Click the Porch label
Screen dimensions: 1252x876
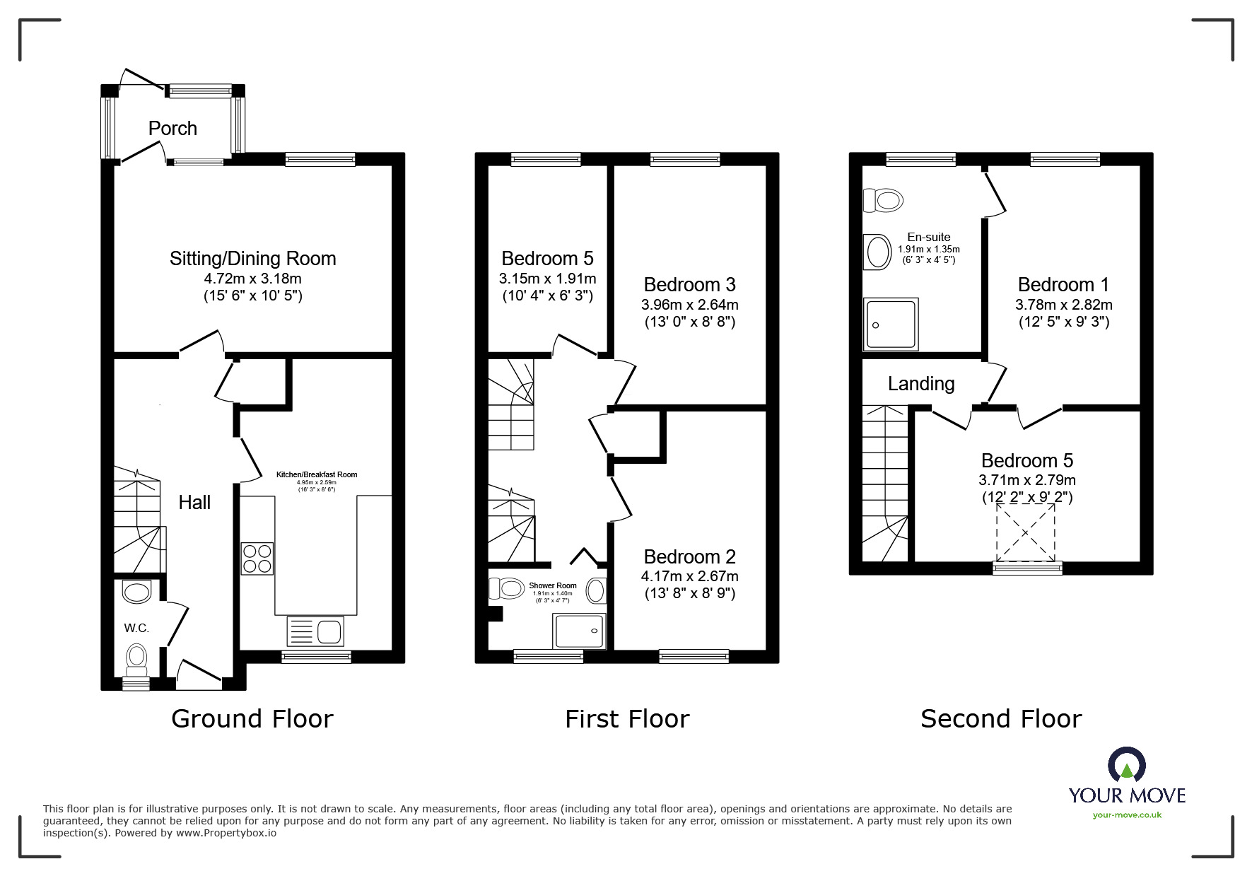click(x=172, y=129)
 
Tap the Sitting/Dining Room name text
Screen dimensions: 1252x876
click(x=252, y=259)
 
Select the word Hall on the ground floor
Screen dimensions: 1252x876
click(x=194, y=502)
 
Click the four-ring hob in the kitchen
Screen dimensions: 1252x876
click(x=257, y=558)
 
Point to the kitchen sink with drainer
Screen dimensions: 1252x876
click(x=315, y=630)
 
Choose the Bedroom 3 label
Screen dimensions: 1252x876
click(x=689, y=284)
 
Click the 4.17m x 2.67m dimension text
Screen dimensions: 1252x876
click(x=689, y=576)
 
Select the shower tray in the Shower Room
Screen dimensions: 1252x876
click(x=580, y=631)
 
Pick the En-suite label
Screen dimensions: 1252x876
click(x=929, y=237)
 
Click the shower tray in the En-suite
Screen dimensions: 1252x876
click(x=891, y=324)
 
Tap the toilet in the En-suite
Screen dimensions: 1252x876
click(x=883, y=200)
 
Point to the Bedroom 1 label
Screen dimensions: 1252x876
click(x=1063, y=284)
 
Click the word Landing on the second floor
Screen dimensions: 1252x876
click(x=921, y=383)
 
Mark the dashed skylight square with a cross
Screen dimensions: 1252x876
click(x=1025, y=533)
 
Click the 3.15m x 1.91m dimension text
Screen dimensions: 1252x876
click(x=547, y=279)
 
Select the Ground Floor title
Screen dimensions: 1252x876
click(x=252, y=718)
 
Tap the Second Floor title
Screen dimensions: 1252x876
click(x=1001, y=718)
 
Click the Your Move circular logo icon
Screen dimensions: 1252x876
click(x=1126, y=766)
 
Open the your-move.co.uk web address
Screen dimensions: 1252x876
click(x=1127, y=815)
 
